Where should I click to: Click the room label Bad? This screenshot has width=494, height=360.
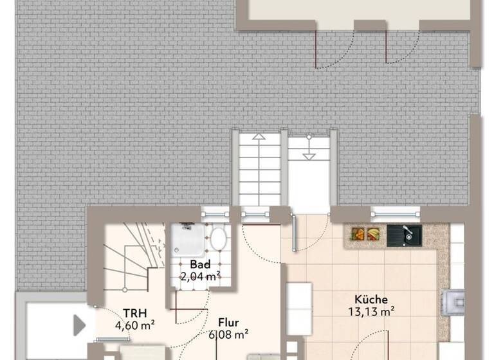[200, 265]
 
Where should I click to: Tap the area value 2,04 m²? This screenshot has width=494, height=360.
[200, 277]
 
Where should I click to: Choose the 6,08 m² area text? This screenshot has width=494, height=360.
[228, 334]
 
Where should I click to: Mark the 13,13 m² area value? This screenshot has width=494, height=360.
[370, 312]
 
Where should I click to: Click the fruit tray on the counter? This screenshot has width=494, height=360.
[365, 234]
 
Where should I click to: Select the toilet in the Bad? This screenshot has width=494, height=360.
[218, 239]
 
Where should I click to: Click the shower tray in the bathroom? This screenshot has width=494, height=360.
[188, 241]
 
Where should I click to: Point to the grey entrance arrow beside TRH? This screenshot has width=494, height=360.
[79, 325]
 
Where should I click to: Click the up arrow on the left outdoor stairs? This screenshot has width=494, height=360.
[258, 137]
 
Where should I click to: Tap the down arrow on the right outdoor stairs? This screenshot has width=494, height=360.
[309, 156]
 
